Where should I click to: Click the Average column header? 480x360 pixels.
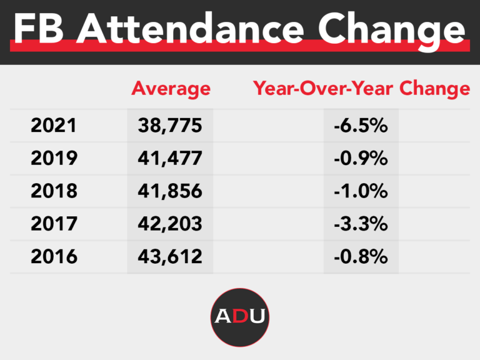(x=171, y=89)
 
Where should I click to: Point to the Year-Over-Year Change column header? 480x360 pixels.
(x=361, y=89)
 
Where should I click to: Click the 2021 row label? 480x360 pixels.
(x=54, y=126)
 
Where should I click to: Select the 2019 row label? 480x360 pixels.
(x=54, y=158)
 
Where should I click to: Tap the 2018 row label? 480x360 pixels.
(x=54, y=191)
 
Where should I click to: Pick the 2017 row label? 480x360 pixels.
(x=54, y=223)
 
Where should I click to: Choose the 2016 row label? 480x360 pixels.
(x=54, y=256)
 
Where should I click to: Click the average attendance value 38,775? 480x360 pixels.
(x=170, y=126)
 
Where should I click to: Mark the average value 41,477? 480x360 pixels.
(x=170, y=158)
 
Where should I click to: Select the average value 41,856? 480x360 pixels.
(x=170, y=191)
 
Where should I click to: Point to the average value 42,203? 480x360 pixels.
(x=170, y=223)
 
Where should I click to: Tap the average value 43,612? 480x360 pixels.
(x=170, y=256)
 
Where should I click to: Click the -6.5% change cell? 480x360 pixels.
(x=361, y=126)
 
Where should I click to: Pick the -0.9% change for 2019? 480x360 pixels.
(x=361, y=158)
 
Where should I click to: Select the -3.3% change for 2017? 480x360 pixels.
(x=361, y=223)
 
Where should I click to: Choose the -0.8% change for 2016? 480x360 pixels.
(x=361, y=256)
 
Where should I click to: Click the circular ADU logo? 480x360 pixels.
(x=240, y=316)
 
